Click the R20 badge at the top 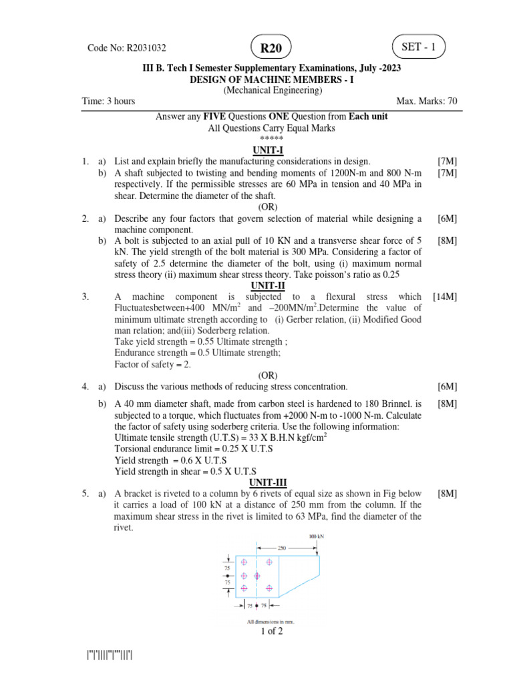[271, 48]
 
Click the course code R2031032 [127, 48]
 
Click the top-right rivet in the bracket [269, 562]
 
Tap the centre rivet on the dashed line [256, 575]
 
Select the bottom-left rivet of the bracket [244, 588]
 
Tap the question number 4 [85, 387]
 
